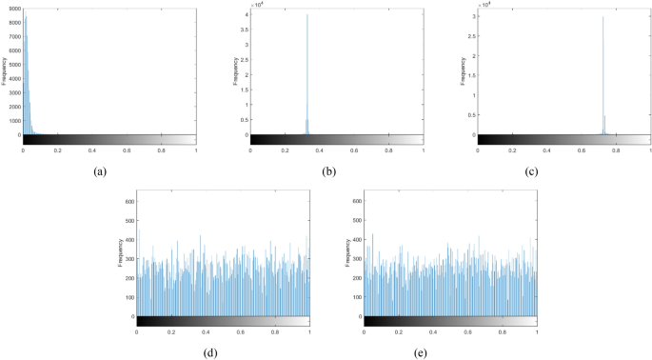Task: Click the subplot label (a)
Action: (x=100, y=171)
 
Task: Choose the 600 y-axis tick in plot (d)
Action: (x=129, y=203)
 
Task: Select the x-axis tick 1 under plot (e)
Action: (x=537, y=332)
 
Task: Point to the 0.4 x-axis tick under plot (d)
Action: (x=206, y=332)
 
